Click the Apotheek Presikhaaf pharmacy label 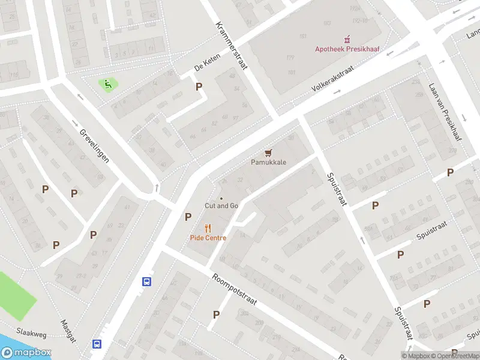pyautogui.click(x=349, y=49)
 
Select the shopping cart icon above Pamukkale pyautogui.click(x=268, y=154)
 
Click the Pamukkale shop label pyautogui.click(x=268, y=163)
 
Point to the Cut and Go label pyautogui.click(x=221, y=206)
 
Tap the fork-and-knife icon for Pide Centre pyautogui.click(x=208, y=228)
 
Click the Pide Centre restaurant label pyautogui.click(x=208, y=238)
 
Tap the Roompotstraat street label pyautogui.click(x=234, y=290)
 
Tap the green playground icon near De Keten pyautogui.click(x=108, y=84)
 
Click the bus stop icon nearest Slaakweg pyautogui.click(x=96, y=344)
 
